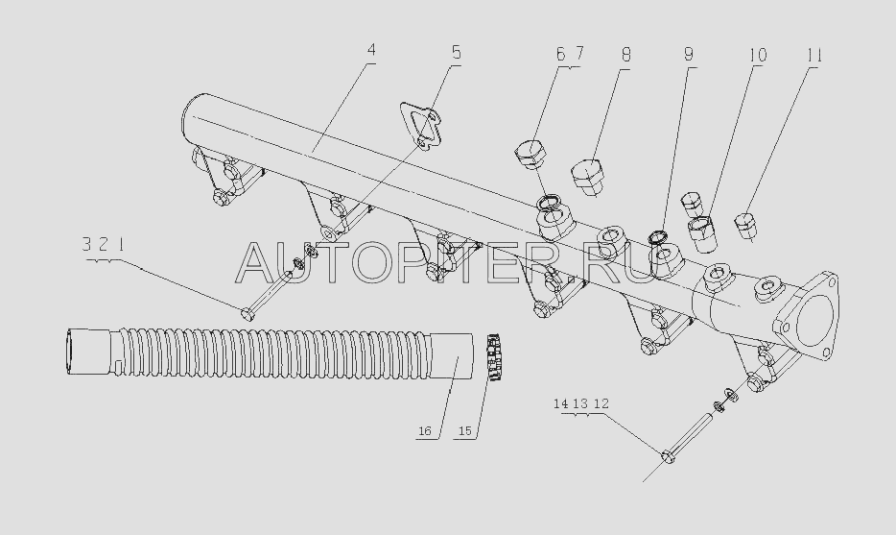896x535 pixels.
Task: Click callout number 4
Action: (x=371, y=50)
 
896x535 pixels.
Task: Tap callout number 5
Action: (x=456, y=53)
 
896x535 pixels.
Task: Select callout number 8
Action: (x=626, y=56)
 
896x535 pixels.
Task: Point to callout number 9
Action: (x=689, y=55)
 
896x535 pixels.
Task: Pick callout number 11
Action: (x=814, y=56)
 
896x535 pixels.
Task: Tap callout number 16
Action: (x=425, y=431)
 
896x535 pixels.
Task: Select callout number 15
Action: (x=465, y=431)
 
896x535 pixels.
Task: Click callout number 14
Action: (x=560, y=404)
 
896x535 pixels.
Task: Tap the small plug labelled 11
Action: (x=744, y=225)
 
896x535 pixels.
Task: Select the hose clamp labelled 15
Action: (x=494, y=357)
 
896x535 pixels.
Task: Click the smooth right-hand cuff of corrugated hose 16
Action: (x=452, y=356)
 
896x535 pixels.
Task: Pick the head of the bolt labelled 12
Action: (x=668, y=456)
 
